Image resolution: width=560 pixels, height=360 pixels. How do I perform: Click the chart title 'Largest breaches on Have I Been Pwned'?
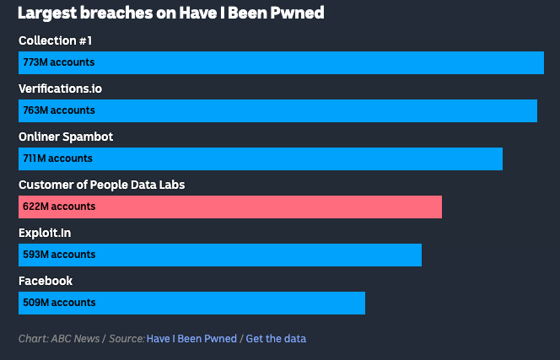coord(171,13)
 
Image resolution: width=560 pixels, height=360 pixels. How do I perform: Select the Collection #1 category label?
coord(55,40)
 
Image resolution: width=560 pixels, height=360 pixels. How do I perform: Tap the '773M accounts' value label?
coord(59,62)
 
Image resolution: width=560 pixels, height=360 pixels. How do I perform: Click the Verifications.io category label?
coord(61,89)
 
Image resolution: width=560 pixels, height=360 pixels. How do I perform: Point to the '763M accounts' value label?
coord(59,110)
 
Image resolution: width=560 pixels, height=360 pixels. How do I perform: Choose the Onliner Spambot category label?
coord(66,137)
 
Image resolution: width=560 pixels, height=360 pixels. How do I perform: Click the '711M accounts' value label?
coord(58,159)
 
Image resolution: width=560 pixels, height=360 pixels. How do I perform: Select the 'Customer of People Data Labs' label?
coord(101,185)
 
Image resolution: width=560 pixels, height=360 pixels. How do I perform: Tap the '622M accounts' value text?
coord(59,207)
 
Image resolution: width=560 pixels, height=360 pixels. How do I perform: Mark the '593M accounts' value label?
coord(59,255)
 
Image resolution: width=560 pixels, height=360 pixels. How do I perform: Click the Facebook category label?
coord(46,281)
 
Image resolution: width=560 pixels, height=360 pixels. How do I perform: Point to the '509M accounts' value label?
coord(59,303)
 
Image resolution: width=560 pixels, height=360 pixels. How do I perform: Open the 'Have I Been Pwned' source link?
coord(191,339)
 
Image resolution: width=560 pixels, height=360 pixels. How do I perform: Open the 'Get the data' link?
coord(276,339)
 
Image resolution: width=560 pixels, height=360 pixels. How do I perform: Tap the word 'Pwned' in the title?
coord(300,13)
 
